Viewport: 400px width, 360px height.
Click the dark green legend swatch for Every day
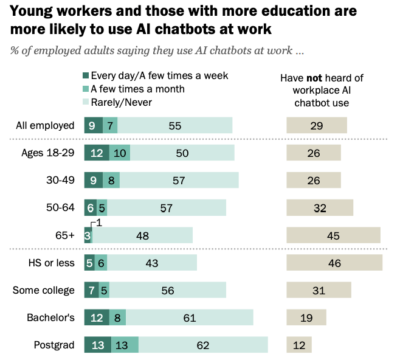86,75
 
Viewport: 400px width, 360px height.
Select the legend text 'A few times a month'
137,89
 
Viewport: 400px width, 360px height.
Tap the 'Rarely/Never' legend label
122,103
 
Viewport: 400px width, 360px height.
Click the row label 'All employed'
45,125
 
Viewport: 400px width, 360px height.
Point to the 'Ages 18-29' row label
48,153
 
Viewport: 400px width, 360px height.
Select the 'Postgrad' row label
54,345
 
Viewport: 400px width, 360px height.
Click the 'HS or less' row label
52,263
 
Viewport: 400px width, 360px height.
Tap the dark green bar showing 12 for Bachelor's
97,317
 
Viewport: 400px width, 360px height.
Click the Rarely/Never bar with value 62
203,345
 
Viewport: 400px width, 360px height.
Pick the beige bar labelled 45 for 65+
333,235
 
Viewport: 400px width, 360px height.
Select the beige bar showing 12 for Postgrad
299,345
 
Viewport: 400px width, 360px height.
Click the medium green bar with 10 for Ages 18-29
120,153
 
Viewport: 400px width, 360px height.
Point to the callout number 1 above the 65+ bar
99,223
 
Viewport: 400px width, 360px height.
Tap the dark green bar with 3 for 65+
88,235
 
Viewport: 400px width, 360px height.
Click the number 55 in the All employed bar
175,126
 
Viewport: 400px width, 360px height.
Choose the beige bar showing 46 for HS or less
334,263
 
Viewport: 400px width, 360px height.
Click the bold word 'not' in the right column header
314,78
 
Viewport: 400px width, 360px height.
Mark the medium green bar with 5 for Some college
104,290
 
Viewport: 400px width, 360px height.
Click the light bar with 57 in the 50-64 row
167,208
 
